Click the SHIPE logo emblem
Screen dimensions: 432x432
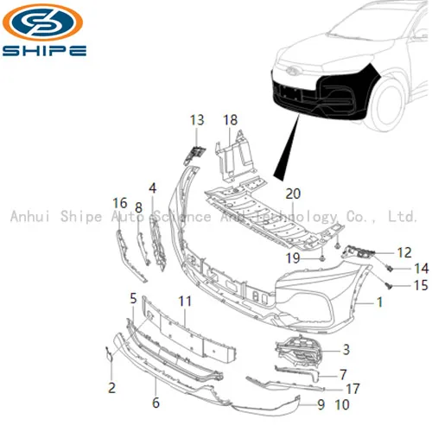point(45,23)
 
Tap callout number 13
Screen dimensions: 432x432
point(197,120)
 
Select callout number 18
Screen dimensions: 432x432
point(230,120)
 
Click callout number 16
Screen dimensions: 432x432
point(120,203)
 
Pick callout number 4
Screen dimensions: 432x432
point(152,187)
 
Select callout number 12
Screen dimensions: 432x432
point(380,252)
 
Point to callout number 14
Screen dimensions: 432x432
point(397,268)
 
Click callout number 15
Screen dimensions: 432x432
point(397,285)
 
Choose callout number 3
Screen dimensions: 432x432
point(346,350)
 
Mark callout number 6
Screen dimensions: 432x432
point(156,403)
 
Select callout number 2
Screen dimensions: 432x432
point(111,388)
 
